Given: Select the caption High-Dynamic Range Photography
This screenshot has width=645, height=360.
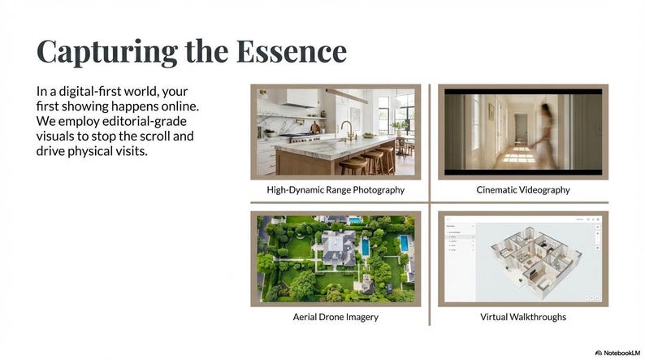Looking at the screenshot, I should [x=335, y=190].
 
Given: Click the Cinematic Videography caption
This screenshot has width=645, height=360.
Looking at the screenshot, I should [x=522, y=190].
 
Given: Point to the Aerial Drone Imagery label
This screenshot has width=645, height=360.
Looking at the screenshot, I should [x=335, y=316].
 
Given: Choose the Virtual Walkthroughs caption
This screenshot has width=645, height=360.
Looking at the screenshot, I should [x=522, y=316].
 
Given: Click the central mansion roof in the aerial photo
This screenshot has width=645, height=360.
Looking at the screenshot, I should [x=333, y=245].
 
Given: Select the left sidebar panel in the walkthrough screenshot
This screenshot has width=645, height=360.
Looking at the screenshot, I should [x=460, y=260].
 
